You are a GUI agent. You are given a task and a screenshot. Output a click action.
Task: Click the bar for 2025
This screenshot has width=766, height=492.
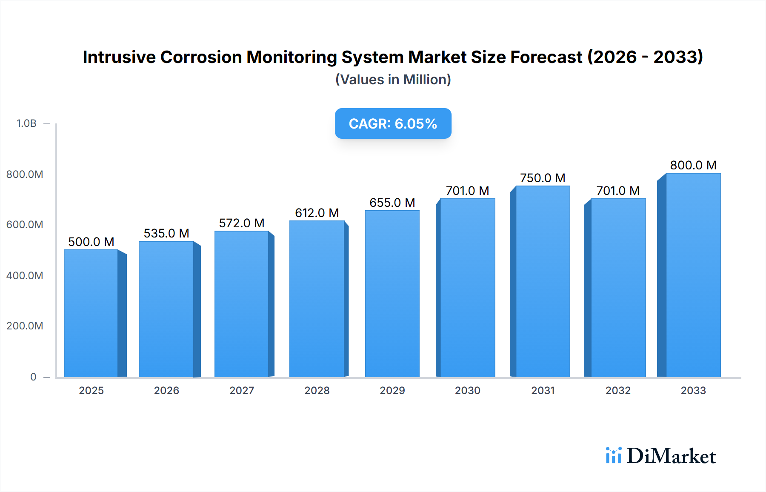(91, 313)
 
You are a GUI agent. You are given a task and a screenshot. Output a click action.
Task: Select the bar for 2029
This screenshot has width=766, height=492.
(392, 294)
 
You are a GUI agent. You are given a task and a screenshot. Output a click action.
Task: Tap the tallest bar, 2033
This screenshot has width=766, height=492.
(693, 275)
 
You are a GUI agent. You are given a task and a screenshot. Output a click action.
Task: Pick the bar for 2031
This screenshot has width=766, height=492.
(543, 281)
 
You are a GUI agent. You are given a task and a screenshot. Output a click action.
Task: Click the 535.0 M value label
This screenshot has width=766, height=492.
(166, 233)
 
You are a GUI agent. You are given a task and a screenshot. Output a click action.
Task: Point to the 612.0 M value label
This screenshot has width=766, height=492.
(317, 213)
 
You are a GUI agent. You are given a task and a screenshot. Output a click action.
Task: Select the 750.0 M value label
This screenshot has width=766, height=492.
(543, 178)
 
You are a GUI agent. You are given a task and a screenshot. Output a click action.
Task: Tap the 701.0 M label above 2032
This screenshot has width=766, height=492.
(618, 191)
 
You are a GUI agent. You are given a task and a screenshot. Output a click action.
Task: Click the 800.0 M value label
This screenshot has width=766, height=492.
(693, 165)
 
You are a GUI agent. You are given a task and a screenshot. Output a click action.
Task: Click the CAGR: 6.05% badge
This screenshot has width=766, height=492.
(393, 123)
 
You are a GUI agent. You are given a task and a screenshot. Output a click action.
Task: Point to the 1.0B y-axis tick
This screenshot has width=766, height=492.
(26, 123)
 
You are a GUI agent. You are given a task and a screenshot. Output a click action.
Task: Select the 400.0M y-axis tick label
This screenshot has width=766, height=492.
(25, 275)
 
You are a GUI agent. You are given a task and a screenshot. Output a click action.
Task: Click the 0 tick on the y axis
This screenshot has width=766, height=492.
(33, 377)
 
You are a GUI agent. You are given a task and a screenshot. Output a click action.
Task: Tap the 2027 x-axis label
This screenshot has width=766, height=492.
(242, 390)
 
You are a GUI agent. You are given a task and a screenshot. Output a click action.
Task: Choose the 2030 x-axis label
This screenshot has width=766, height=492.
(467, 390)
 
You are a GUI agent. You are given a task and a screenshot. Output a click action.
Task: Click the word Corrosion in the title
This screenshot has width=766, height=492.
(201, 57)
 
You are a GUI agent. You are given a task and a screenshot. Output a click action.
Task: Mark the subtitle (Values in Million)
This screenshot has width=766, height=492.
(393, 80)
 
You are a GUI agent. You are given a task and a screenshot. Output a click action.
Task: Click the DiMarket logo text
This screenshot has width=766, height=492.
(671, 456)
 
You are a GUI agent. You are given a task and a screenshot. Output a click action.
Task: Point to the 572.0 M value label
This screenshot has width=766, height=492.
(242, 223)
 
